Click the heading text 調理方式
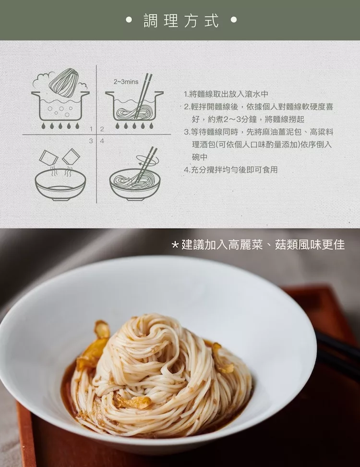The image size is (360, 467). pyautogui.click(x=181, y=20)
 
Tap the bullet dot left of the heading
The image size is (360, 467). pyautogui.click(x=129, y=20)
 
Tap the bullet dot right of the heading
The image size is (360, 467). pyautogui.click(x=234, y=20)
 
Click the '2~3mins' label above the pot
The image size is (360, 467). pyautogui.click(x=126, y=82)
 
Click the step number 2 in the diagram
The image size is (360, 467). pyautogui.click(x=102, y=129)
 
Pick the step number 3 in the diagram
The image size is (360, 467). pyautogui.click(x=91, y=141)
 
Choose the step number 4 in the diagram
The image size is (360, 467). pyautogui.click(x=102, y=141)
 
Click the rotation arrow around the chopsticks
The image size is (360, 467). pyautogui.click(x=147, y=160)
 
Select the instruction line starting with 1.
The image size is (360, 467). pyautogui.click(x=227, y=94)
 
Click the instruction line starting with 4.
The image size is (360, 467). pyautogui.click(x=231, y=170)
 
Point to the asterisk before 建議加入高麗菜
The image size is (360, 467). pyautogui.click(x=175, y=245)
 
